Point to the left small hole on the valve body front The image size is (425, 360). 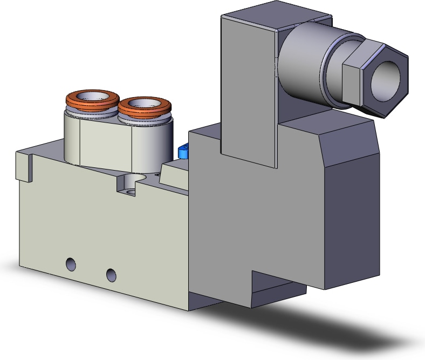70,264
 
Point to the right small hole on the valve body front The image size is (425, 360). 111,274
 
